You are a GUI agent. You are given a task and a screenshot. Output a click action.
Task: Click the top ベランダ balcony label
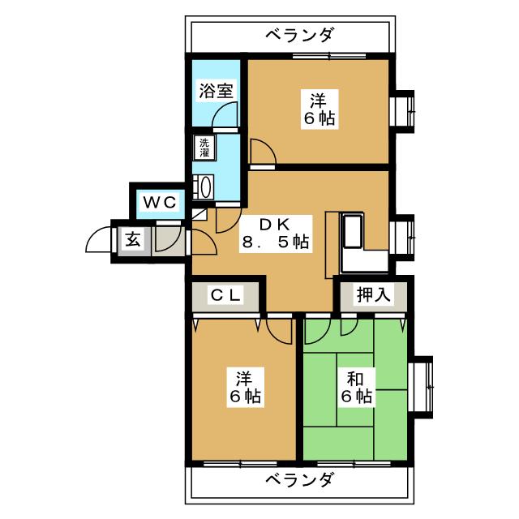[299, 35]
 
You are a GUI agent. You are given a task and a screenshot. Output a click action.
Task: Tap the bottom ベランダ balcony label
[299, 479]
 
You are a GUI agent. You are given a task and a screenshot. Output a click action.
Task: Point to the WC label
[160, 200]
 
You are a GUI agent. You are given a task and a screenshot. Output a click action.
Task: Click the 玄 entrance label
[131, 240]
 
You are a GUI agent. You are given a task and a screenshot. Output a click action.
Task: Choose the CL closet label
[225, 295]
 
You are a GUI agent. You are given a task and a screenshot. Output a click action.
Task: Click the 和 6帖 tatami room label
[356, 388]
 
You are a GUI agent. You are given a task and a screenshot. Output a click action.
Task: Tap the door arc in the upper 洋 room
[261, 152]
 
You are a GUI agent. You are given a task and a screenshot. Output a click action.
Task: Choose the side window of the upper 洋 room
[403, 109]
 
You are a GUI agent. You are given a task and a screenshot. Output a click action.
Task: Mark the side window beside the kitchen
[403, 235]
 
